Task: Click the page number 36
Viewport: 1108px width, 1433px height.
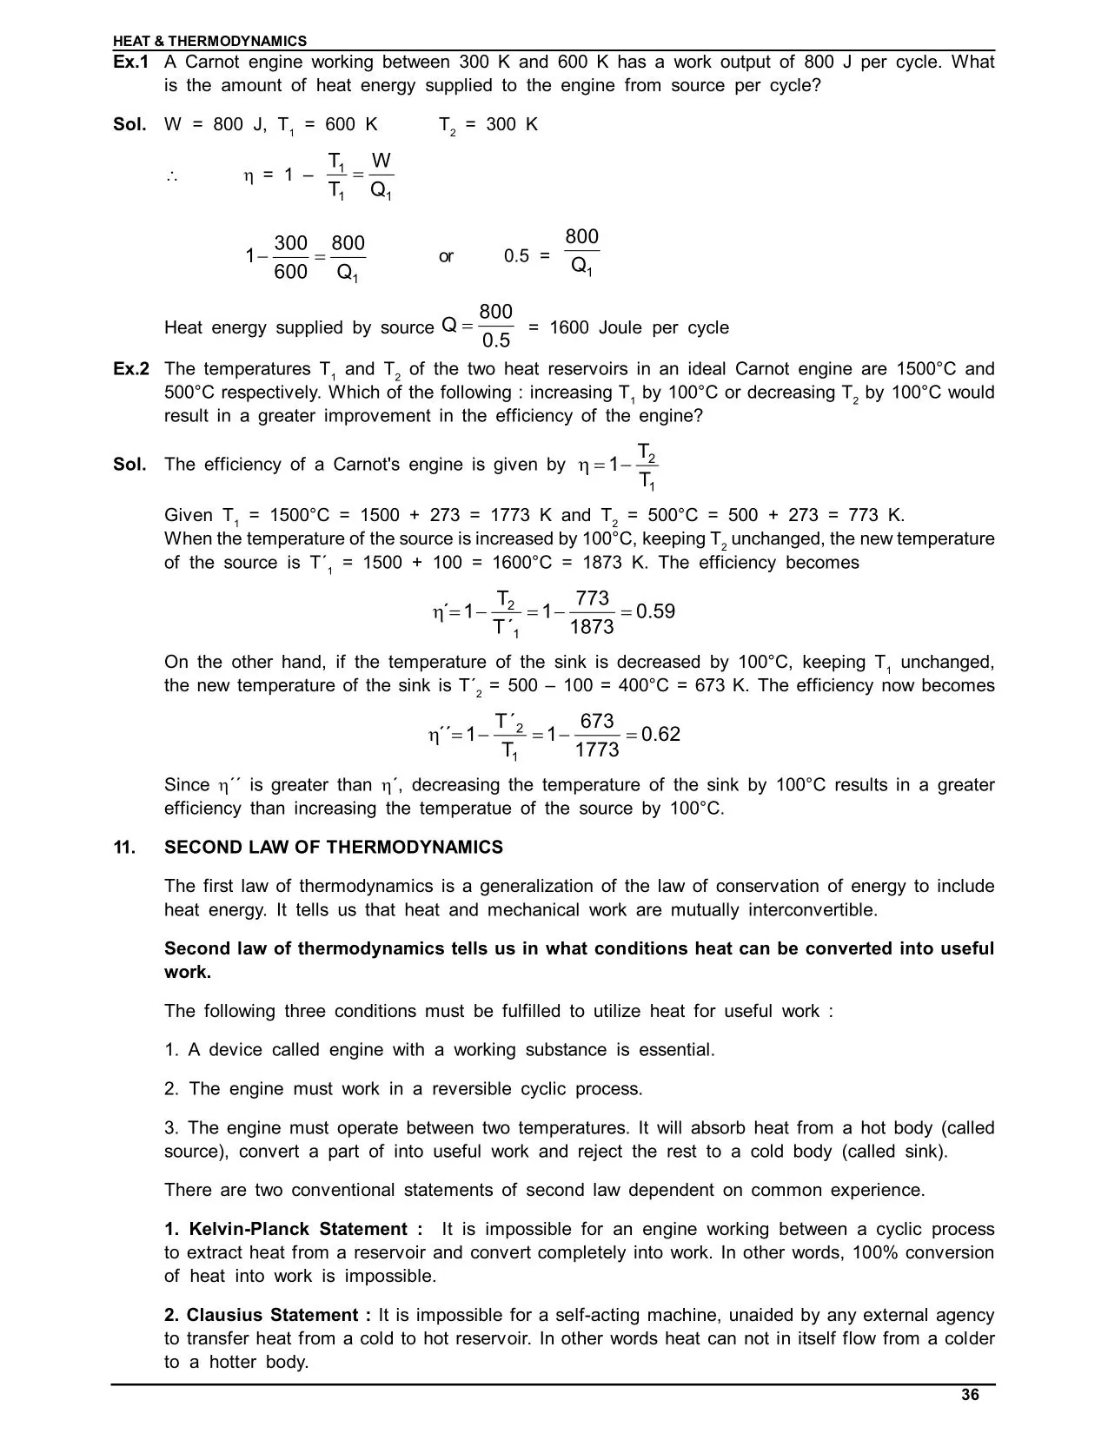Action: point(970,1395)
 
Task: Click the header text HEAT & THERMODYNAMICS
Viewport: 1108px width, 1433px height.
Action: point(209,41)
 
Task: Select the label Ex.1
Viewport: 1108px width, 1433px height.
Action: point(131,62)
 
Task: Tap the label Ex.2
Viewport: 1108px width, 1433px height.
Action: point(131,368)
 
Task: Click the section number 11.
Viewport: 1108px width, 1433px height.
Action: point(124,847)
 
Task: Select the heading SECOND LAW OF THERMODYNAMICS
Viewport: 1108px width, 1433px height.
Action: point(333,847)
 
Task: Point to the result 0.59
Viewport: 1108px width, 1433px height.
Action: point(655,611)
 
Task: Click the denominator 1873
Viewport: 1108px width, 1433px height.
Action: point(592,627)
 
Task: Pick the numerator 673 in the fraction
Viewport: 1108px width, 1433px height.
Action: point(597,721)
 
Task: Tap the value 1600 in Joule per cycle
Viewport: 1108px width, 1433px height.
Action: point(569,327)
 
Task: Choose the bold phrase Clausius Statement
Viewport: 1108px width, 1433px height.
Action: point(272,1315)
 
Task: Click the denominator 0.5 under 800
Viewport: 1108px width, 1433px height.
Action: point(496,340)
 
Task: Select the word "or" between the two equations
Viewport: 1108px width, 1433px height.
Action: point(446,256)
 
